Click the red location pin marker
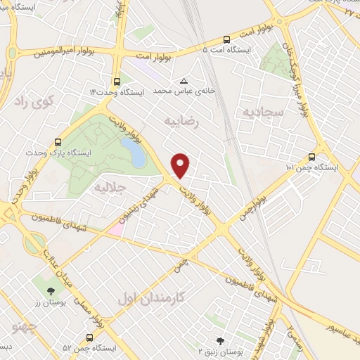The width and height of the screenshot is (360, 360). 181,165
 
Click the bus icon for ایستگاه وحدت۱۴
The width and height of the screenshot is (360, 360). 116,81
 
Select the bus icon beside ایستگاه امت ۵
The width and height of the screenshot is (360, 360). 226,40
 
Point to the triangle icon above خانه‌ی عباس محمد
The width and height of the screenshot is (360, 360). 184,81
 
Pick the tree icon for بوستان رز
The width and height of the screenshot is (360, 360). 51,290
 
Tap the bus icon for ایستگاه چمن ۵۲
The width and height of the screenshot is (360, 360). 89,338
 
